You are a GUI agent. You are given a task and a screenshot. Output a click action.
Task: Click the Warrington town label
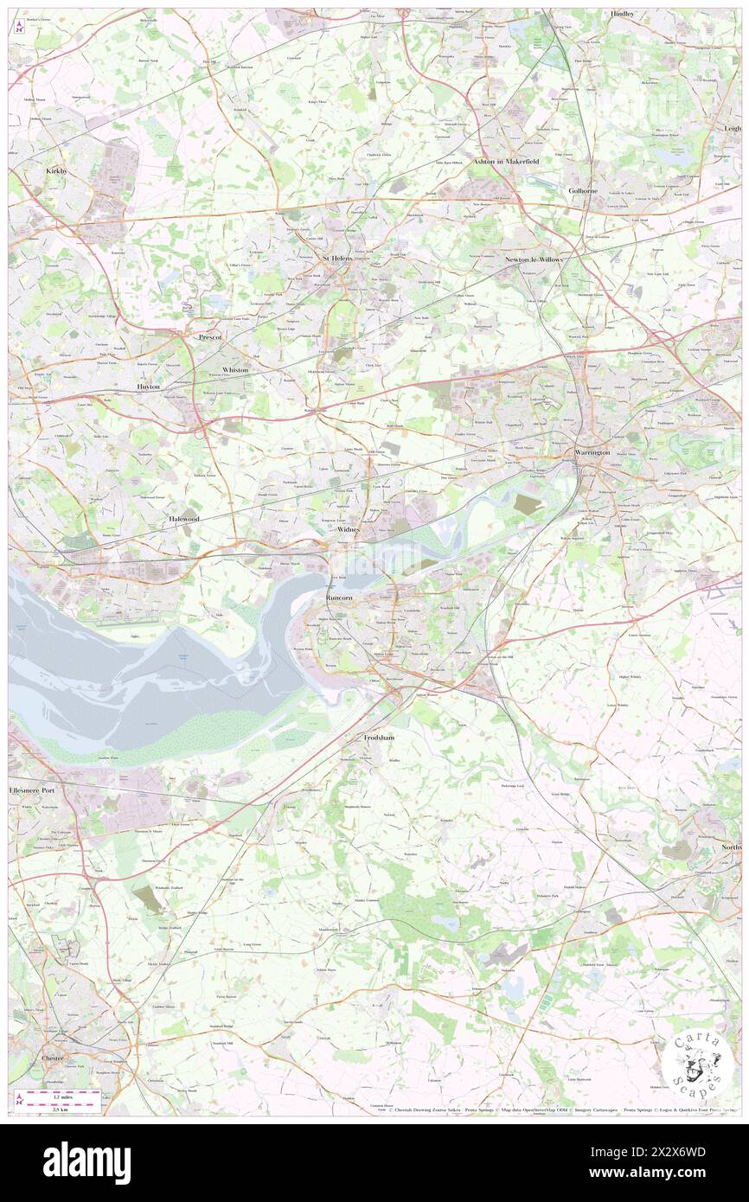(593, 452)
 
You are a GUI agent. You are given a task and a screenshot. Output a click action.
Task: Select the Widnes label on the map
(348, 528)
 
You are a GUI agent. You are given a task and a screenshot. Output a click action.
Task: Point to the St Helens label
(337, 258)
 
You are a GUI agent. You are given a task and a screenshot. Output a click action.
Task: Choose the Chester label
(53, 1057)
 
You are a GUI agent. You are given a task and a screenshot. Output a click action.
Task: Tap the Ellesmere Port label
(31, 790)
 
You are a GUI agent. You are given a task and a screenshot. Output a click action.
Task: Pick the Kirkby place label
(57, 172)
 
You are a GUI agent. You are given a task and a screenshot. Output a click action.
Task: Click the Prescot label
(210, 337)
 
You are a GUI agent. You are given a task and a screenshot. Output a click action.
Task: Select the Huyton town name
(148, 387)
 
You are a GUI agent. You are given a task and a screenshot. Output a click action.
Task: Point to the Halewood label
(182, 516)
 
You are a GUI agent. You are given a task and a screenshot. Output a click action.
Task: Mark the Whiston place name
(235, 369)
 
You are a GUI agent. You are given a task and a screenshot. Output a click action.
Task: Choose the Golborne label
(583, 189)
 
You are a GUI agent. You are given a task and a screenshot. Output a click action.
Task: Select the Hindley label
(622, 15)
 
